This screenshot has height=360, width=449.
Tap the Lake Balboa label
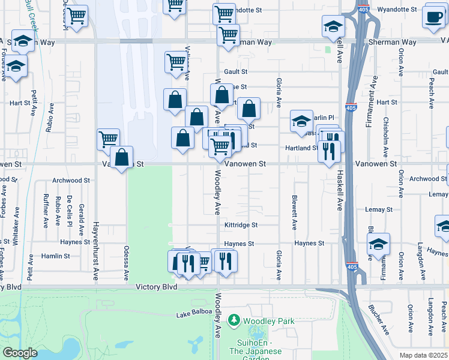(194, 313)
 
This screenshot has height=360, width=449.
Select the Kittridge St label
(241, 225)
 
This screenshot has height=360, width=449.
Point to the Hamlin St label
(56, 256)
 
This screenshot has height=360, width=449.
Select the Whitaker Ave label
(17, 221)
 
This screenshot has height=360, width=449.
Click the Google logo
(20, 353)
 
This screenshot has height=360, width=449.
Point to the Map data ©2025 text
(423, 355)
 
